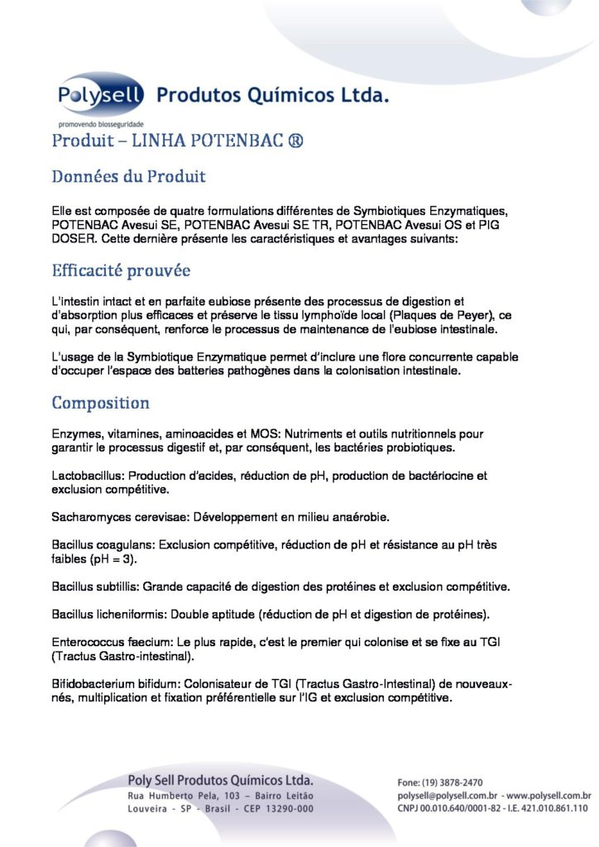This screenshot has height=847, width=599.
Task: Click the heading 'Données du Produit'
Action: tap(128, 176)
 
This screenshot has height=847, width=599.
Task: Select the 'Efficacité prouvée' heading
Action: tap(121, 270)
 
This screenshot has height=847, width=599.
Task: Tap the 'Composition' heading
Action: tap(100, 403)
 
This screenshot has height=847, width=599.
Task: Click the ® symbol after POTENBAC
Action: tap(295, 141)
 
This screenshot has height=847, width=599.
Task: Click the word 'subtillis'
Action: tap(116, 586)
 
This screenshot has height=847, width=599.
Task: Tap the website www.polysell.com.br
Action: tap(549, 795)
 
